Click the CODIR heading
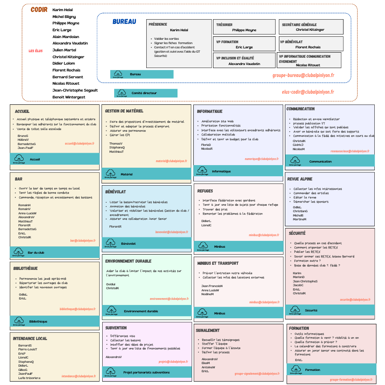pyautogui.click(x=39, y=10)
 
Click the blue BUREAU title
pyautogui.click(x=124, y=22)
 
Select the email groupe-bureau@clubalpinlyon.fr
pyautogui.click(x=303, y=75)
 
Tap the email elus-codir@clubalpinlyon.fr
pyautogui.click(x=308, y=92)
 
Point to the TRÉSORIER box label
pyautogui.click(x=225, y=25)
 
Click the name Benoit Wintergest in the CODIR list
pyautogui.click(x=68, y=97)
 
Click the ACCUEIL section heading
pyautogui.click(x=22, y=111)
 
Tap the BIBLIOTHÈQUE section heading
pyautogui.click(x=26, y=268)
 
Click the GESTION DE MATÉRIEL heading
pyautogui.click(x=124, y=111)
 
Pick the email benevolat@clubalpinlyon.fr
pyautogui.click(x=172, y=232)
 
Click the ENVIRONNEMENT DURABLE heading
pyautogui.click(x=128, y=261)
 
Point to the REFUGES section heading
pyautogui.click(x=205, y=191)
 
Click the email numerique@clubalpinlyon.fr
pyautogui.click(x=261, y=159)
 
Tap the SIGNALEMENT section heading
pyautogui.click(x=208, y=330)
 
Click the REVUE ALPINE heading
pyautogui.click(x=300, y=179)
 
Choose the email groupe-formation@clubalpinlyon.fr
pyautogui.click(x=351, y=379)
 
